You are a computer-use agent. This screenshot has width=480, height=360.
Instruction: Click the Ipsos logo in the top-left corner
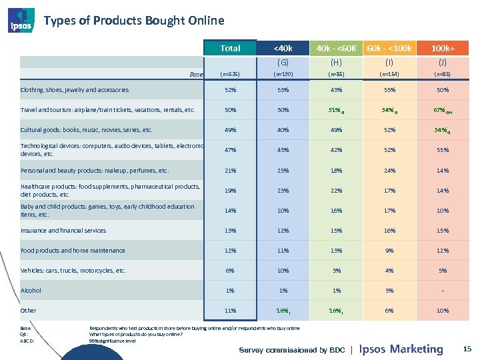click(20, 21)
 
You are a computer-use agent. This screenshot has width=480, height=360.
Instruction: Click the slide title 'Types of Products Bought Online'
click(133, 21)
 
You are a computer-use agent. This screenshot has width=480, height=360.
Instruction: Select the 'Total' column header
click(230, 48)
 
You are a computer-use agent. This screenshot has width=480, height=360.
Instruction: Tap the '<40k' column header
click(283, 48)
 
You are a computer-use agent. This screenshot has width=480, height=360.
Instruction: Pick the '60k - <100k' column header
click(389, 48)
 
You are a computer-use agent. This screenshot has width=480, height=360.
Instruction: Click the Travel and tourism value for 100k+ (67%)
click(440, 110)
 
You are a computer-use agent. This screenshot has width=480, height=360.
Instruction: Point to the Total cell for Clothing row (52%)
click(230, 90)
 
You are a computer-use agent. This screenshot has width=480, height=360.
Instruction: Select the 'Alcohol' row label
click(31, 291)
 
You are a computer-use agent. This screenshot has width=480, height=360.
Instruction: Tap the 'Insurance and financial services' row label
click(63, 231)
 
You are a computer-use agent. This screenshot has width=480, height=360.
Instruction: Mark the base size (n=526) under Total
click(230, 75)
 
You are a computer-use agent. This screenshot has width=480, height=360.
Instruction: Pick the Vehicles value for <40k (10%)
click(283, 271)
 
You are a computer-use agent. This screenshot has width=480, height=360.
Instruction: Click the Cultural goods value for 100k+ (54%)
click(440, 130)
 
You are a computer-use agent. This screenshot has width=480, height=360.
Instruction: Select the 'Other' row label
click(29, 311)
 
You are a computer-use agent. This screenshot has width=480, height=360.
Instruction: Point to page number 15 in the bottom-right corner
click(467, 348)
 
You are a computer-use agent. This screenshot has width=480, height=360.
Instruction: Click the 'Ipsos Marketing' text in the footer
click(401, 349)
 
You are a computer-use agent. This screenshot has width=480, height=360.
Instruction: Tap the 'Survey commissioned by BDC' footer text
click(292, 350)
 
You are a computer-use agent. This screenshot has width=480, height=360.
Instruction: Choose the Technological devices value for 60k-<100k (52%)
click(389, 151)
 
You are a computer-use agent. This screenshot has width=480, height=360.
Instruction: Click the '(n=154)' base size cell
click(389, 75)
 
